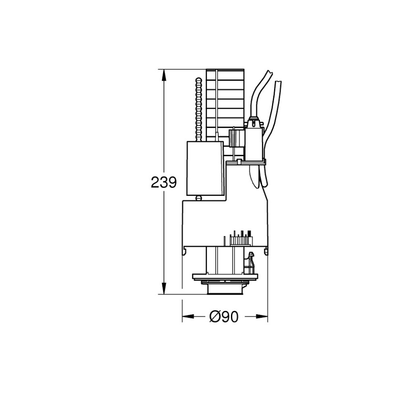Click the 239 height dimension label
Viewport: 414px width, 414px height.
click(x=164, y=182)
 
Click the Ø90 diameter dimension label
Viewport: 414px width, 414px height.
click(x=224, y=316)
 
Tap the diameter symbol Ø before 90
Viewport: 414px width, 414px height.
click(x=215, y=316)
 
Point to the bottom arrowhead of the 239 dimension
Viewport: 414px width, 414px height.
click(x=164, y=288)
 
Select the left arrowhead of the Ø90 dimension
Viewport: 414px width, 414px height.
click(x=188, y=316)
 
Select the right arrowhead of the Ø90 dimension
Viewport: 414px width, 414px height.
click(x=262, y=316)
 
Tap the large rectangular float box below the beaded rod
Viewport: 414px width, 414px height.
click(x=205, y=168)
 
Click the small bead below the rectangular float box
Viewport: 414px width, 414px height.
click(x=198, y=198)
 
